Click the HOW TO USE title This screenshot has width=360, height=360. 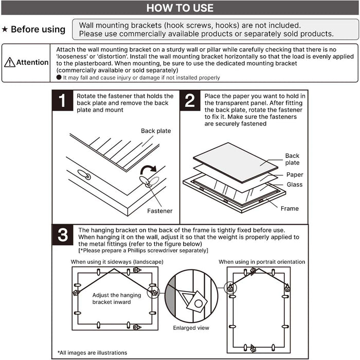coord(180,8)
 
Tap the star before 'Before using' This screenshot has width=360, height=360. coord(5,30)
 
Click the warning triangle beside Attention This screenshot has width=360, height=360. coord(9,63)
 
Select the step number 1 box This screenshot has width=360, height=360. coord(63,100)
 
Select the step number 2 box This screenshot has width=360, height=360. coord(190,100)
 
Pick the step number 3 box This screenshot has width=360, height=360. coord(63,236)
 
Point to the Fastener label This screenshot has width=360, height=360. coord(160,211)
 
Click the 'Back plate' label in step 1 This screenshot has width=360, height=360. coord(156,131)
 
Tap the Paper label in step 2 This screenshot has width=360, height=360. coord(295,175)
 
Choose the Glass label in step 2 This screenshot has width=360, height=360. coord(295,185)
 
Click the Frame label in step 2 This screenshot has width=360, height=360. coord(290,209)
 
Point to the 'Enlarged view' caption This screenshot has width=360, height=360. coord(191,328)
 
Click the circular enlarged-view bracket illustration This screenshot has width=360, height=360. coord(190,296)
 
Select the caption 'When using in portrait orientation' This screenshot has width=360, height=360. coord(262,262)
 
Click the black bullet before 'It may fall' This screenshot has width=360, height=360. coord(59,77)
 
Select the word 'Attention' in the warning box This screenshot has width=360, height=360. coord(32,63)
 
